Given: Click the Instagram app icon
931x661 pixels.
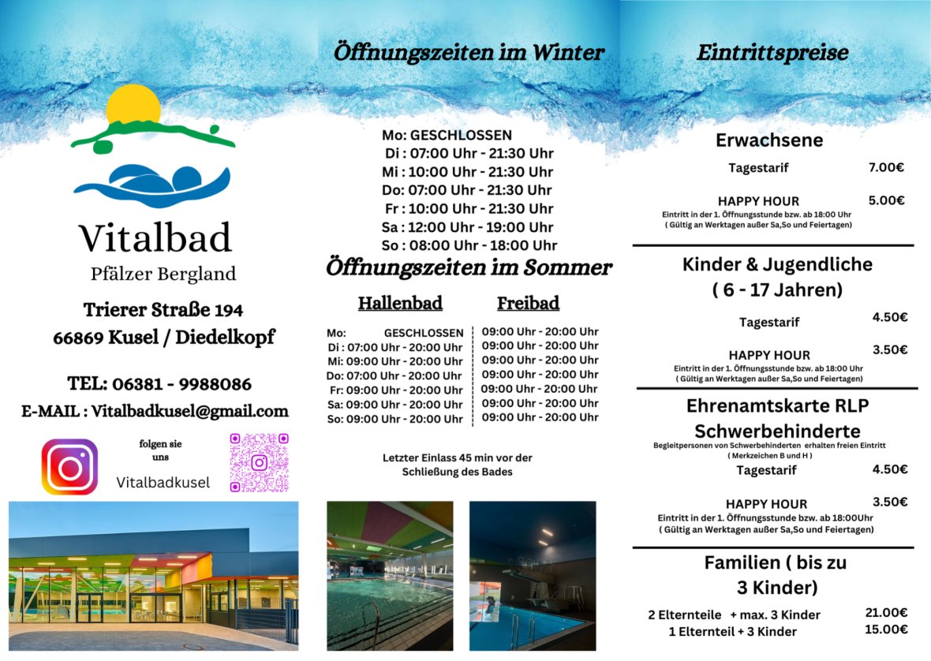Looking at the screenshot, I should click(69, 467).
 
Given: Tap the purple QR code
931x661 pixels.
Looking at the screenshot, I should click(259, 462).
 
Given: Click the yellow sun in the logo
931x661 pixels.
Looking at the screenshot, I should click(133, 105).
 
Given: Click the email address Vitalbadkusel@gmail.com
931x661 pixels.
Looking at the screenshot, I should click(189, 411).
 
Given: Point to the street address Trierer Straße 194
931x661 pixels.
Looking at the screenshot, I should click(163, 309).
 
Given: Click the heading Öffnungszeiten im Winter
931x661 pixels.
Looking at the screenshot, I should click(469, 53).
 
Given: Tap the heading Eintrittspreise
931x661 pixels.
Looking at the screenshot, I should click(772, 53).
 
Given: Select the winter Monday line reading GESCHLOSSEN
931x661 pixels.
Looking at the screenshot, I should click(447, 135).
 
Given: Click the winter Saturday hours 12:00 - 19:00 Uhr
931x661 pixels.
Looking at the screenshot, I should click(468, 227).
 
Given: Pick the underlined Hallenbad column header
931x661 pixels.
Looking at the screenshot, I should click(400, 303).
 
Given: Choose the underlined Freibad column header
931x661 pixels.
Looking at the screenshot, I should click(528, 303).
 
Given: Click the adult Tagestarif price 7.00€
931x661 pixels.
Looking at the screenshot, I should click(886, 167).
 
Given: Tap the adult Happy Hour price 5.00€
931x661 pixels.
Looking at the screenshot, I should click(886, 200).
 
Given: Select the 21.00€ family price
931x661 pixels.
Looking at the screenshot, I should click(886, 612).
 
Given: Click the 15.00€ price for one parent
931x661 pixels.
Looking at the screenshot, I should click(886, 629).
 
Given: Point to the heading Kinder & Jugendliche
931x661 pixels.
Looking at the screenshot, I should click(777, 264).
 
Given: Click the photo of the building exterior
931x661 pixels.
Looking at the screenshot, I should click(154, 576).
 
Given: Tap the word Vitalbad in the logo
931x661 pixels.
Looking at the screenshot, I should click(155, 237).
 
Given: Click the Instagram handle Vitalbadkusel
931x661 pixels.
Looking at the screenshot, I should click(163, 482).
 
